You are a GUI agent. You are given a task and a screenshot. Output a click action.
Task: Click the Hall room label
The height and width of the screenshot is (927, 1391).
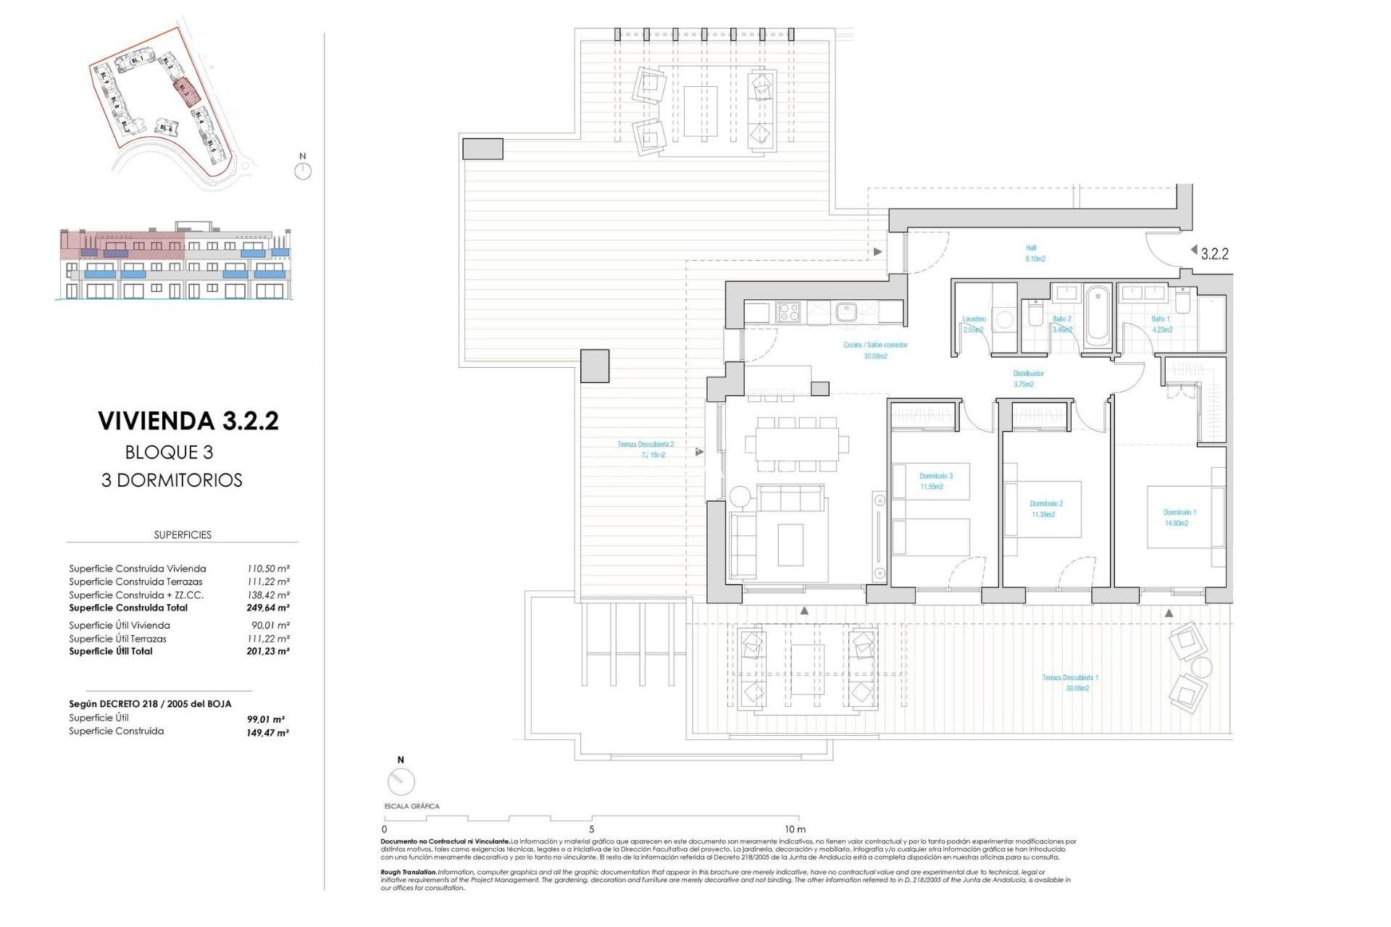pyautogui.click(x=1034, y=253)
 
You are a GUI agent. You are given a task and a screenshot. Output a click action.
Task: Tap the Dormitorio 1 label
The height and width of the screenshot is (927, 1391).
pyautogui.click(x=1179, y=517)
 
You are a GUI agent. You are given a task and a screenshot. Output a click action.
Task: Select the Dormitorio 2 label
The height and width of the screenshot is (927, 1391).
pyautogui.click(x=1045, y=508)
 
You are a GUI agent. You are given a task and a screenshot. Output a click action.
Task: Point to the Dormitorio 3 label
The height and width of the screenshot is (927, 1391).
pyautogui.click(x=935, y=481)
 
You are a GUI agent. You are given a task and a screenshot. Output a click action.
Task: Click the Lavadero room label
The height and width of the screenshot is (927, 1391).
pyautogui.click(x=973, y=324)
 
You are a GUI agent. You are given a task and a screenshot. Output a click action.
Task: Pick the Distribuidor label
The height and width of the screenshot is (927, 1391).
pyautogui.click(x=1027, y=379)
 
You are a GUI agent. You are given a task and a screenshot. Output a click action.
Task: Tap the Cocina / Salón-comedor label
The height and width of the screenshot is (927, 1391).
pyautogui.click(x=874, y=350)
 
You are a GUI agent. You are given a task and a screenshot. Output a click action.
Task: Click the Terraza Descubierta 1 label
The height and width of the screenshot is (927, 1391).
pyautogui.click(x=1069, y=682)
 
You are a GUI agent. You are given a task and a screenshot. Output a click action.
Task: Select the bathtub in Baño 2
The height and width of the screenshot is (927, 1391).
pyautogui.click(x=1098, y=316)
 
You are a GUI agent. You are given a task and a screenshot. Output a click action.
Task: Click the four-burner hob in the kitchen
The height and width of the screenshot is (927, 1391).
pyautogui.click(x=788, y=312)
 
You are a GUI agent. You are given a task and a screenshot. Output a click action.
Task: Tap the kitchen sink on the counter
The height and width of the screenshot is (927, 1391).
pyautogui.click(x=845, y=312)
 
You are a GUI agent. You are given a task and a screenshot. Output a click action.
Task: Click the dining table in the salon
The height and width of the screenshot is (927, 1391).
pyautogui.click(x=796, y=442)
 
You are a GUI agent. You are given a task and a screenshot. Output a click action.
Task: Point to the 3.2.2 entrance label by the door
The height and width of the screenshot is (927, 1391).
pyautogui.click(x=1214, y=253)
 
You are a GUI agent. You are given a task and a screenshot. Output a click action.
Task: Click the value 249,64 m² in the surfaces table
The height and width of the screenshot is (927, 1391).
pyautogui.click(x=267, y=608)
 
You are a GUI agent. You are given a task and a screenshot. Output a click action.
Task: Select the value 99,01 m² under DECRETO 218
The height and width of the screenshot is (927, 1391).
pyautogui.click(x=265, y=719)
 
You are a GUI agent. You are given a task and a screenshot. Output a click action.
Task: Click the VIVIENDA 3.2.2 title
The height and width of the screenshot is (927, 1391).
pyautogui.click(x=188, y=421)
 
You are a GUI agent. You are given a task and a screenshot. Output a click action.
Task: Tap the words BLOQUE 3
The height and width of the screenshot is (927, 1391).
pyautogui.click(x=169, y=452)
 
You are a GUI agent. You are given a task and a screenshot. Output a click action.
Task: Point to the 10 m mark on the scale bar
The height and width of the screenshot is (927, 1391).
pyautogui.click(x=795, y=829)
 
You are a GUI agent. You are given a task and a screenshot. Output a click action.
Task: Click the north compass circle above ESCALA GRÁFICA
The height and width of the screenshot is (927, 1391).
pyautogui.click(x=401, y=781)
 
